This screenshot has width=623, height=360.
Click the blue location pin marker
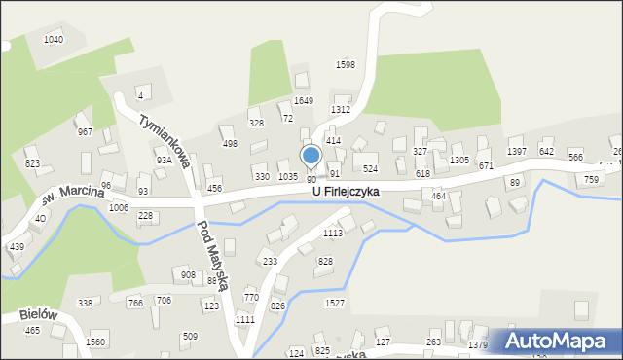coord(311,156)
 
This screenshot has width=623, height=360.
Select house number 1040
coord(54,40)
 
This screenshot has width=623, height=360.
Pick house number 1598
coord(345,64)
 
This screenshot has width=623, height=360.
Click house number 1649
coord(304,100)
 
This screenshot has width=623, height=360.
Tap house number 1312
coord(340,110)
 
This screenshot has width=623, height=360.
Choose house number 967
coord(85,132)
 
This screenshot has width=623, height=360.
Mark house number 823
coord(32,163)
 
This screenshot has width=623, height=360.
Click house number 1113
coord(333,234)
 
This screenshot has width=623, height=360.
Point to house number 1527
coord(335,304)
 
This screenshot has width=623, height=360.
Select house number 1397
coord(517,151)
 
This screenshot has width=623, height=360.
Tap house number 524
coord(370,169)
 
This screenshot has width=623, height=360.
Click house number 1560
coord(95,342)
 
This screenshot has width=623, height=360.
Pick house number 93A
coord(164,161)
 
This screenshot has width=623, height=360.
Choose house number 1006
coord(119,208)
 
